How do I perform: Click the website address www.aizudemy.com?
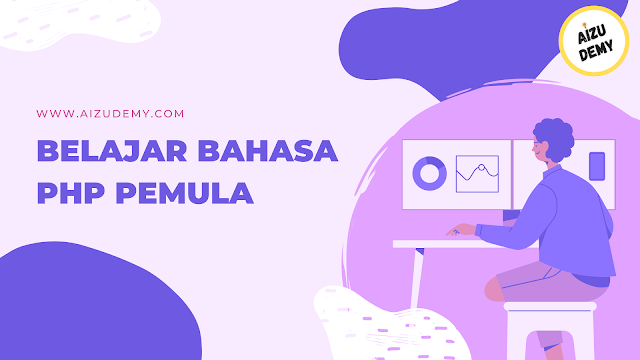pos(110,113)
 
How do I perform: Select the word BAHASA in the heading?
pos(268,151)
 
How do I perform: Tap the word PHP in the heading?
pos(71,193)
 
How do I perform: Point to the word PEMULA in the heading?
pos(184,193)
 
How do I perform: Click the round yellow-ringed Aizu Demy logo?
pos(593,41)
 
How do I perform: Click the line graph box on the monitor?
pos(477,174)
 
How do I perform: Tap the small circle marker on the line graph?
pos(482,167)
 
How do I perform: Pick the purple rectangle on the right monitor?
pos(597,166)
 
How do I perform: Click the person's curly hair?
pos(556,137)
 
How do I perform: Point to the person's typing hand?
pos(460,230)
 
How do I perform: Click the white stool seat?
pos(550,306)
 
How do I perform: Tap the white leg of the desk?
pos(416,278)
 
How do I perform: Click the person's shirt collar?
pos(553,170)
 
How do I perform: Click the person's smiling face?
pos(540,148)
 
